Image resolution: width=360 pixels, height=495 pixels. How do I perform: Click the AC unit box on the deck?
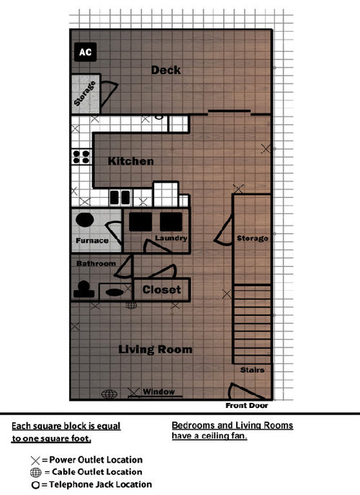(85, 52)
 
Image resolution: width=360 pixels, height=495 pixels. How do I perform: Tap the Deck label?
(166, 70)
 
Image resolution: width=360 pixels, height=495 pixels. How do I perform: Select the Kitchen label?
(131, 161)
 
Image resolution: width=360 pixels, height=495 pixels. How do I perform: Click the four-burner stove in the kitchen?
(81, 157)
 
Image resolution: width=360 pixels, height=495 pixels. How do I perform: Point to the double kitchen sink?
(120, 197)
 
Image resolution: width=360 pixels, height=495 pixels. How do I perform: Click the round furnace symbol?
(85, 219)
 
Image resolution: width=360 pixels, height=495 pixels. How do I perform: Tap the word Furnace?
(92, 240)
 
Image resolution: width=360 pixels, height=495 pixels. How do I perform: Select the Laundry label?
(171, 237)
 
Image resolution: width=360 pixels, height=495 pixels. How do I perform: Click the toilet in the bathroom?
(84, 290)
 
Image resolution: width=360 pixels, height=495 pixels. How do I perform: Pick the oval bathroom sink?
(114, 292)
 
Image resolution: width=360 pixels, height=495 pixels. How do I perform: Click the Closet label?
(161, 289)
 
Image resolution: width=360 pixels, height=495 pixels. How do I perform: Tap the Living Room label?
(155, 350)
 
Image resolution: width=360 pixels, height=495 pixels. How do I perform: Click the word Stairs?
(252, 370)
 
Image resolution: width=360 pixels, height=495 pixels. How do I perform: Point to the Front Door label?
(247, 405)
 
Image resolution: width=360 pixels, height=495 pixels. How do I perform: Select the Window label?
(158, 391)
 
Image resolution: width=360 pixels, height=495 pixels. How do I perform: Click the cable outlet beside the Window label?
(109, 394)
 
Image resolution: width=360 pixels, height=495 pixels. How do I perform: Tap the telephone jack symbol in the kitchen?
(159, 117)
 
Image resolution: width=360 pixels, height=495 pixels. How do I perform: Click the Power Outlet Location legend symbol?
(35, 460)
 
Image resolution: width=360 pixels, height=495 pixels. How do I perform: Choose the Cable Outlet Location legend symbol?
(36, 473)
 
